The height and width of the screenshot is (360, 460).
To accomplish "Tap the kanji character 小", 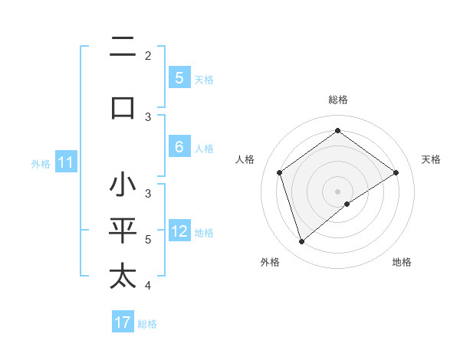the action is tap(123, 185).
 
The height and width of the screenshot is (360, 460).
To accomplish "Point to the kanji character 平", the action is tap(123, 231).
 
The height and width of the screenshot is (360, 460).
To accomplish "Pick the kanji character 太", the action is tap(123, 276).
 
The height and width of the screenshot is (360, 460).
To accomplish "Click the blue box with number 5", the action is tap(179, 77).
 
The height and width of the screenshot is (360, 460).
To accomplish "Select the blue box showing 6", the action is tap(179, 147).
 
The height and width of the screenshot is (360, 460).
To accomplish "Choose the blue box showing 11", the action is tap(66, 162).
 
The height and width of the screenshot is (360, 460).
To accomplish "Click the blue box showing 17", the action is tap(123, 322).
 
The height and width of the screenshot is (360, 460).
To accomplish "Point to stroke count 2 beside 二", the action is tap(148, 56).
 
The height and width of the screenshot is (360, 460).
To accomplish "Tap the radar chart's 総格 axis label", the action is tap(337, 100).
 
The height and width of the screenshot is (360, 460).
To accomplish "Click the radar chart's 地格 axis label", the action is tap(402, 262).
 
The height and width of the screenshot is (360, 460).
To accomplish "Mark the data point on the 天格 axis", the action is tap(396, 172).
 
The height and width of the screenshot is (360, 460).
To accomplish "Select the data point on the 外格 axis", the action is tap(301, 242).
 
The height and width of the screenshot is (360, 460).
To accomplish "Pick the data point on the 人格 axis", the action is tap(280, 172).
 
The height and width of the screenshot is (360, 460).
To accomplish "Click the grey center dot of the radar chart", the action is tap(337, 191).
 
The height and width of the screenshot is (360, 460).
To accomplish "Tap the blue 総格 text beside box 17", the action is tap(147, 324).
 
